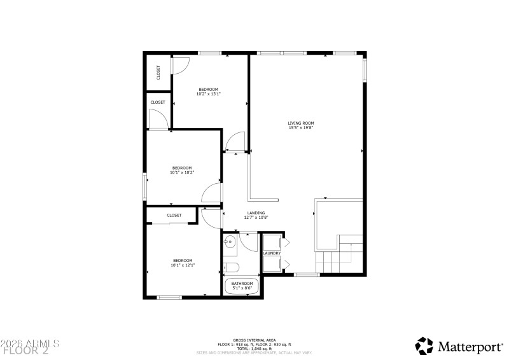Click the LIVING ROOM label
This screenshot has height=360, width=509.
tap(301, 123)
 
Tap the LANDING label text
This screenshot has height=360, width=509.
tap(256, 213)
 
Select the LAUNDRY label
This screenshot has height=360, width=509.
tap(272, 253)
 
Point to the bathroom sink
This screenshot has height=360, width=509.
tap(229, 242)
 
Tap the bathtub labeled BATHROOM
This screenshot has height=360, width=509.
tap(242, 286)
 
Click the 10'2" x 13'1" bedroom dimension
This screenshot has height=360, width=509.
tap(208, 94)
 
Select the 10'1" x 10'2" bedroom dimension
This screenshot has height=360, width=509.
tap(181, 172)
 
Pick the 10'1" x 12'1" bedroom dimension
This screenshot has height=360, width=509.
tap(183, 265)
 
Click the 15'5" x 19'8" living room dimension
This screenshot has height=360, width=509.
tap(301, 128)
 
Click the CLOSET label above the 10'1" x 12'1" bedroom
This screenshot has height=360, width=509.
tap(174, 215)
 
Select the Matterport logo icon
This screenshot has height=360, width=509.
tap(424, 345)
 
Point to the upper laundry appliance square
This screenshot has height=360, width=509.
tap(272, 242)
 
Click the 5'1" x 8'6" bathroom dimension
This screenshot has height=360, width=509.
tap(242, 288)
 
